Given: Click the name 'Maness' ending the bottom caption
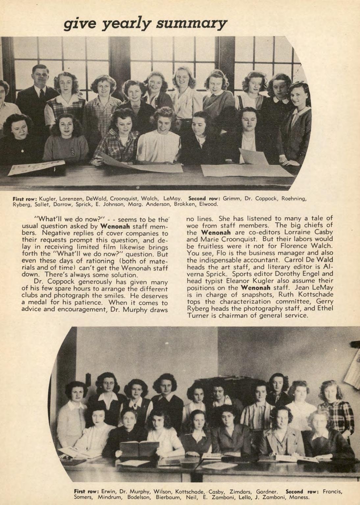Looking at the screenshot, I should (299, 497).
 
